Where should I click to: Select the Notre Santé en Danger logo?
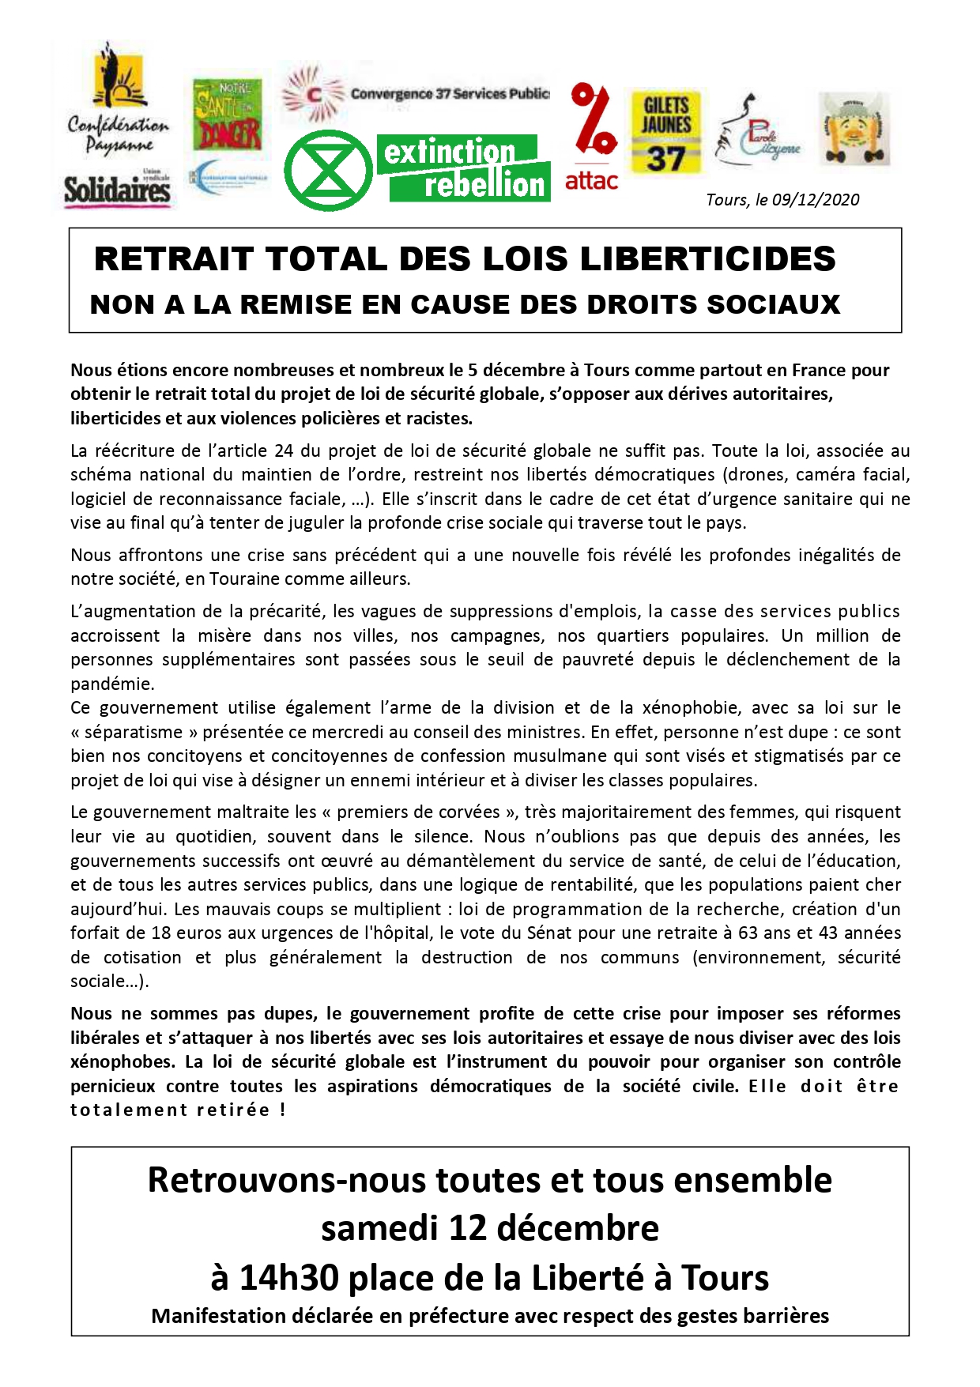tap(227, 115)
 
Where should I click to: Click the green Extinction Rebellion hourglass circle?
tap(328, 171)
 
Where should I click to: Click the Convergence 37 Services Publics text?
tap(449, 94)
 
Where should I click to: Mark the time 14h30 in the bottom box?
tap(289, 1277)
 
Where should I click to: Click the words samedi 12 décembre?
tap(490, 1228)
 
